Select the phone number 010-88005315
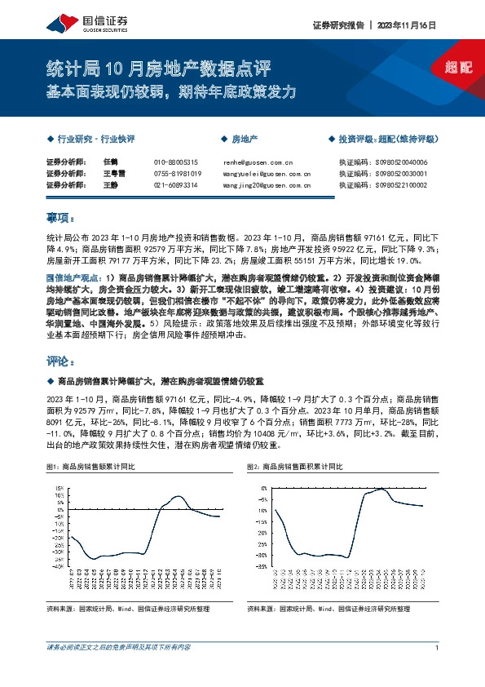tap(175, 162)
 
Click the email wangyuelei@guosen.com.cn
tap(267, 174)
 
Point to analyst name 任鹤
tap(112, 162)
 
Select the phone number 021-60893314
tap(175, 185)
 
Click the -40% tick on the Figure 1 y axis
tap(60, 567)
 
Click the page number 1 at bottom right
tap(438, 647)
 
